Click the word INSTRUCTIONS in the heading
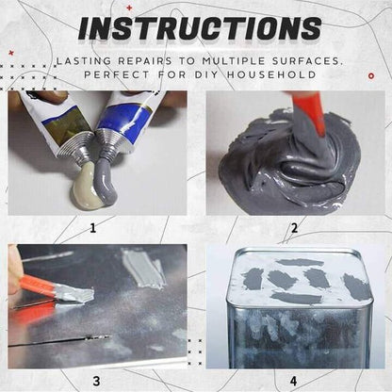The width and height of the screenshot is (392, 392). [199, 27]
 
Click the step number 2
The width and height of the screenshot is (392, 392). [293, 227]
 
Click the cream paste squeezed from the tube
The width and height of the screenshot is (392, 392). [87, 185]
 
